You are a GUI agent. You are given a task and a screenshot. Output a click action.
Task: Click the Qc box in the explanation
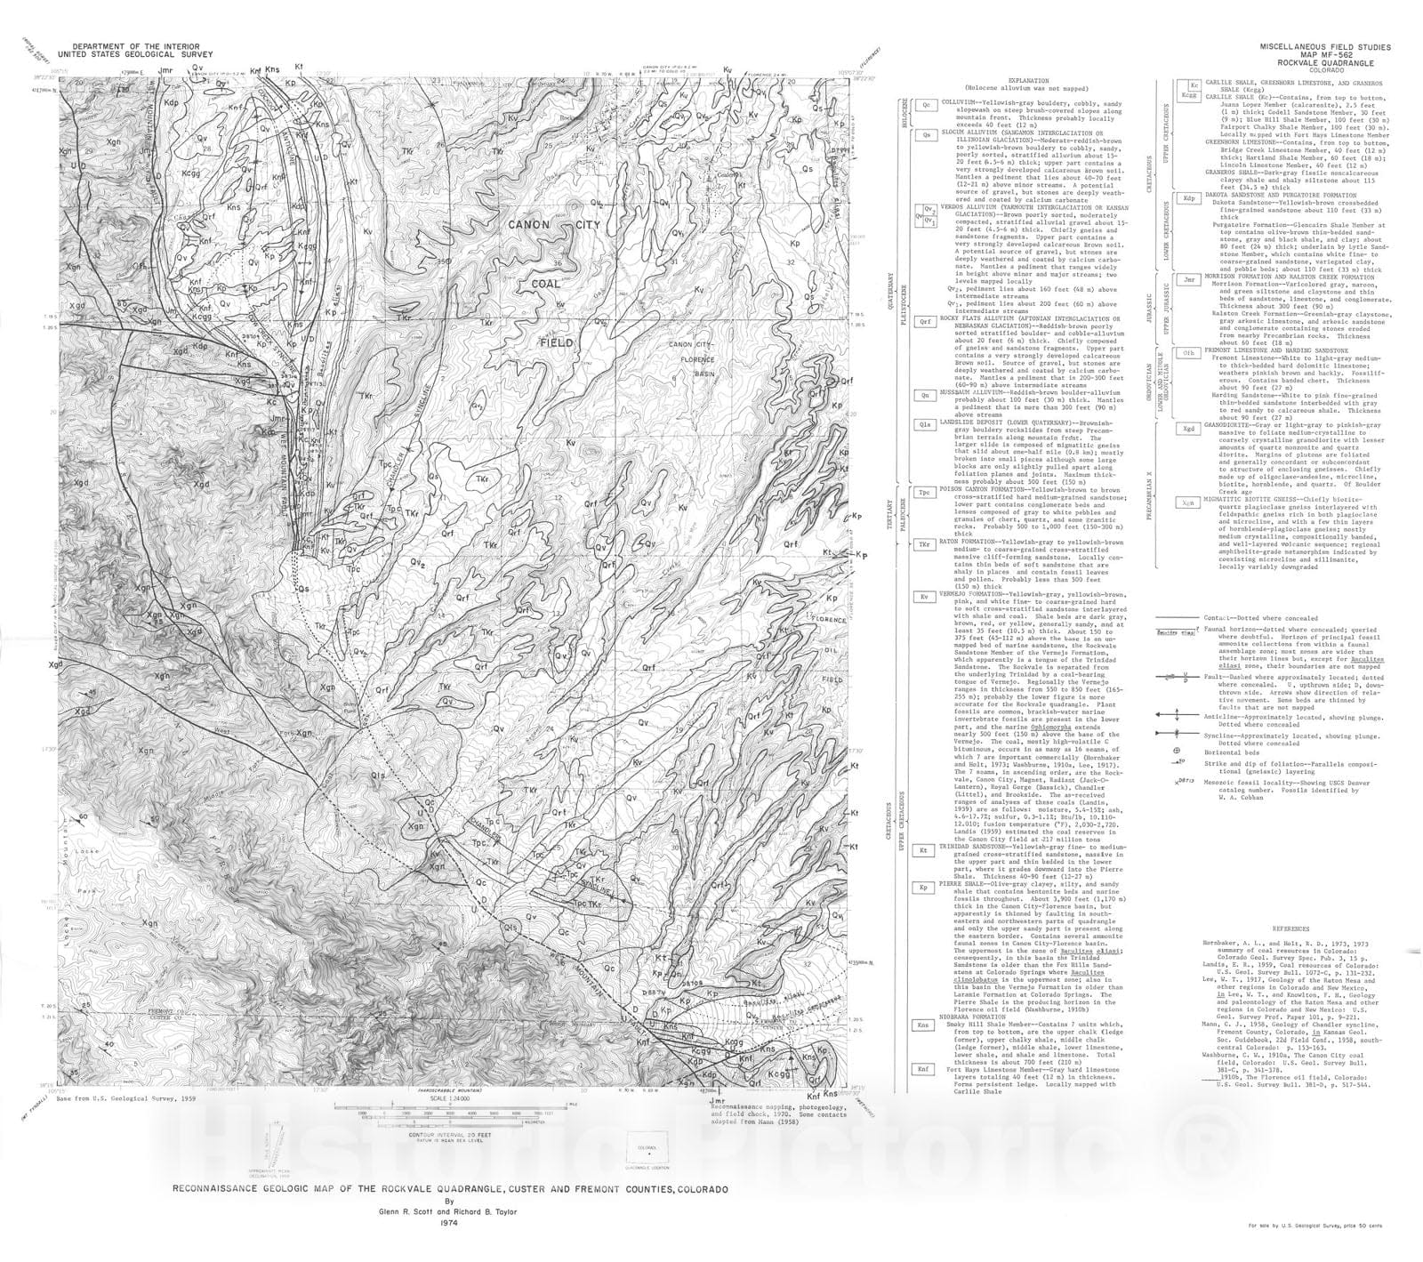pos(926,104)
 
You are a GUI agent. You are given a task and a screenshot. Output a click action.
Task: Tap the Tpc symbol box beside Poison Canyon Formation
pos(926,492)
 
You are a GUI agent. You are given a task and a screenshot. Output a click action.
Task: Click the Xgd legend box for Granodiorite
pos(1188,430)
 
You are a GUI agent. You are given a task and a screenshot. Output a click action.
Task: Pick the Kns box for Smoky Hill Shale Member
pos(926,1025)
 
